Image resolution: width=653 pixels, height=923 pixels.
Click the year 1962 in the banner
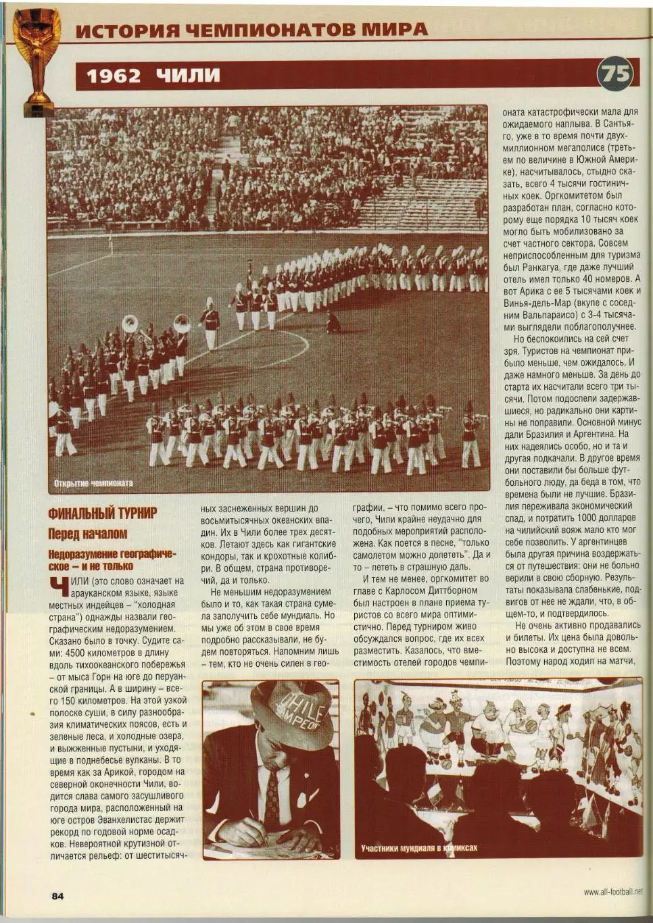pyautogui.click(x=114, y=75)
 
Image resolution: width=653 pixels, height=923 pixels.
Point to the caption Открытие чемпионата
pyautogui.click(x=93, y=483)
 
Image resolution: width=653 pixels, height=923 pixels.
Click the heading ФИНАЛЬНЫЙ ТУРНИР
pyautogui.click(x=102, y=513)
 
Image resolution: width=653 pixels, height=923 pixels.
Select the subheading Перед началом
pyautogui.click(x=87, y=534)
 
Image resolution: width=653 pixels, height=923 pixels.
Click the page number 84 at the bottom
pyautogui.click(x=57, y=896)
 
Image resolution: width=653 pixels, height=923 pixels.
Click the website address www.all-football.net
pyautogui.click(x=612, y=892)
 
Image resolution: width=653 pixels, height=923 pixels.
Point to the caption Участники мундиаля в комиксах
pyautogui.click(x=419, y=848)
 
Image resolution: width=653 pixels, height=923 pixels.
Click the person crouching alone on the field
pyautogui.click(x=333, y=322)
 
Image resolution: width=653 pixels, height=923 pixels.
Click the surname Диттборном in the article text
pyautogui.click(x=455, y=591)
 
